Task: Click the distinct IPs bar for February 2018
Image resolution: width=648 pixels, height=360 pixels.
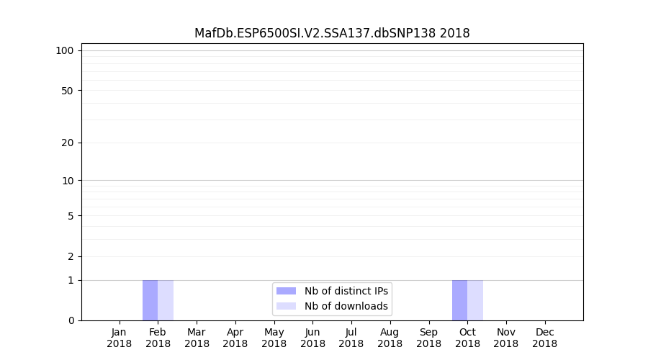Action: (x=150, y=300)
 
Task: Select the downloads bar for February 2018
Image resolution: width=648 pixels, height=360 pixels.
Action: (x=166, y=300)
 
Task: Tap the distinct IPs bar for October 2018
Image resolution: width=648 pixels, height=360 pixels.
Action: (x=459, y=300)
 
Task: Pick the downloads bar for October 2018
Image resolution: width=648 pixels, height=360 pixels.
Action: (x=475, y=300)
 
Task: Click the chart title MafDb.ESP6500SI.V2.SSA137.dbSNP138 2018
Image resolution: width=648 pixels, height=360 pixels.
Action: (x=332, y=33)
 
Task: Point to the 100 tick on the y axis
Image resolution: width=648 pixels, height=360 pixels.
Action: (x=66, y=50)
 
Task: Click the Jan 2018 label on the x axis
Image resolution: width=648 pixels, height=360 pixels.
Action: (x=119, y=338)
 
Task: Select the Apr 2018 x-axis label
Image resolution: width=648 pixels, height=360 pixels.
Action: (x=235, y=338)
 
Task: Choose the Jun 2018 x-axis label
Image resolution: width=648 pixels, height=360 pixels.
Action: (x=312, y=338)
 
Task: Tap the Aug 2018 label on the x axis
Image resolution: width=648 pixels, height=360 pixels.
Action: (x=390, y=338)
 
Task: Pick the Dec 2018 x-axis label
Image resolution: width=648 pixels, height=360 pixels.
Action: (x=545, y=338)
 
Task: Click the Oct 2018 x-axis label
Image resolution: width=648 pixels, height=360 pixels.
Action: (x=467, y=338)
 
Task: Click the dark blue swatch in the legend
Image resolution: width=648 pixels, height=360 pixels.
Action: (x=286, y=291)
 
